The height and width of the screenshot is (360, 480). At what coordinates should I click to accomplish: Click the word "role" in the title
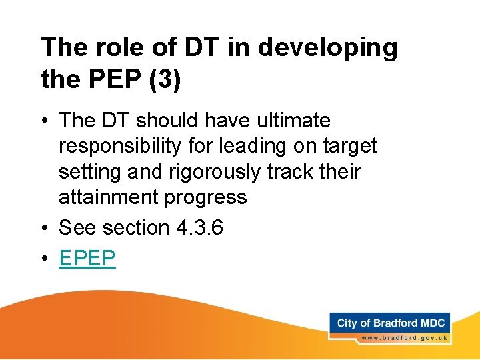click(x=111, y=47)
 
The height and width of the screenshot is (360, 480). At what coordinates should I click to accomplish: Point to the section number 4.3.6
click(x=199, y=228)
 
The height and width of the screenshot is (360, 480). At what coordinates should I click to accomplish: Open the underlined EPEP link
click(x=87, y=258)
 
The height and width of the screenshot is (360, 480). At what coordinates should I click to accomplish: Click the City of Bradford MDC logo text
click(x=391, y=324)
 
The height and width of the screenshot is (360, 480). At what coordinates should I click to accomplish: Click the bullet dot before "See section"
click(x=45, y=229)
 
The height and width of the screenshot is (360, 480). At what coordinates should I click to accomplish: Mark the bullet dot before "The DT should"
click(x=45, y=121)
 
